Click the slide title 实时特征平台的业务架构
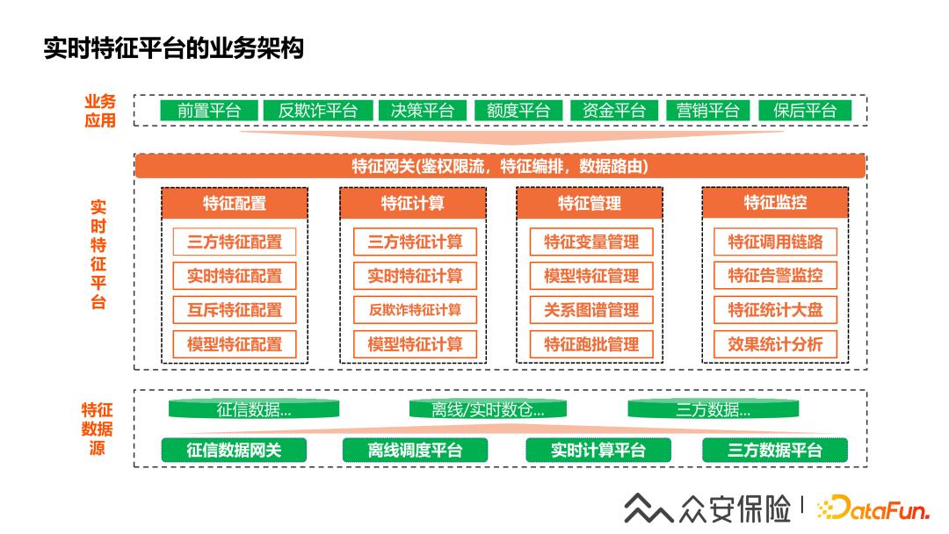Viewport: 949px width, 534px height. point(174,48)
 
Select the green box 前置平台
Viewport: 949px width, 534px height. point(209,111)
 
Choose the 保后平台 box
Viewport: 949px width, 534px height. point(805,111)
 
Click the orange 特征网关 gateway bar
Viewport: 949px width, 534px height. point(500,166)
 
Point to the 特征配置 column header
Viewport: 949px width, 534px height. point(235,204)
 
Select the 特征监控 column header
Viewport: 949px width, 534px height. point(775,203)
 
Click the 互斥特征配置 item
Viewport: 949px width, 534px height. point(235,310)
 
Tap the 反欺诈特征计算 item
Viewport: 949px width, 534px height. point(415,310)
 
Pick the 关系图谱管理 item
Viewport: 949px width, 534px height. point(591,310)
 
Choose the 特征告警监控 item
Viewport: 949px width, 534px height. point(775,276)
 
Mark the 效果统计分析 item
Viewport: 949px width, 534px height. point(775,344)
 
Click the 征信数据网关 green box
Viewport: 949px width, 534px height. point(235,451)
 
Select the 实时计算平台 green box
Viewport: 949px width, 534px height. point(598,451)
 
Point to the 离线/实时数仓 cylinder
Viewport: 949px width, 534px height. point(488,409)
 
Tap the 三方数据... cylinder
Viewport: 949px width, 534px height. point(714,409)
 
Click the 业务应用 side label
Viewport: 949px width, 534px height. point(100,112)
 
